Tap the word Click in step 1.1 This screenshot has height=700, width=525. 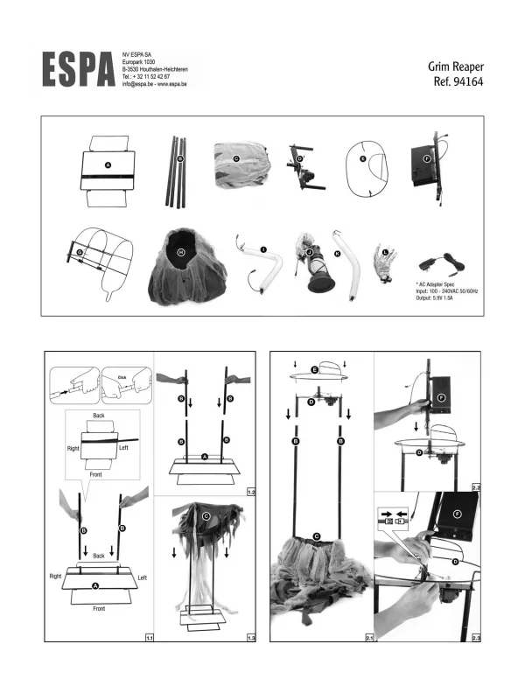point(122,377)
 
